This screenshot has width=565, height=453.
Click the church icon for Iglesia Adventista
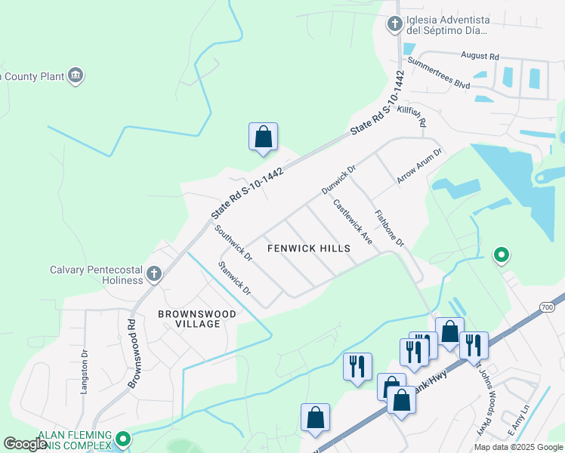click(x=394, y=25)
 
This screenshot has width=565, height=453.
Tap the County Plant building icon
click(x=75, y=75)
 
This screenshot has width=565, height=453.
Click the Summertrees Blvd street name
click(x=438, y=73)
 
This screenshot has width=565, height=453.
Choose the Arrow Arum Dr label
click(x=419, y=166)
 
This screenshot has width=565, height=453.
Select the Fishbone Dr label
click(x=390, y=228)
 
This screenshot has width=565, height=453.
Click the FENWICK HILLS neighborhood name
click(x=310, y=248)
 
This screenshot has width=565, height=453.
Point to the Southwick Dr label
click(x=233, y=243)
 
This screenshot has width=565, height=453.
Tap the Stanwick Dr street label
click(x=233, y=277)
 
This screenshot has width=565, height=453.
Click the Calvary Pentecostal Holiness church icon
click(x=154, y=274)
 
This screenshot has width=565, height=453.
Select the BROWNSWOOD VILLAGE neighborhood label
click(x=196, y=319)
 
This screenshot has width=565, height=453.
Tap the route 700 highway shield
click(x=548, y=307)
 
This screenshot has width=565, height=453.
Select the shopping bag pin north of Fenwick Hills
click(x=263, y=137)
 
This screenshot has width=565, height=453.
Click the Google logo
click(x=26, y=444)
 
